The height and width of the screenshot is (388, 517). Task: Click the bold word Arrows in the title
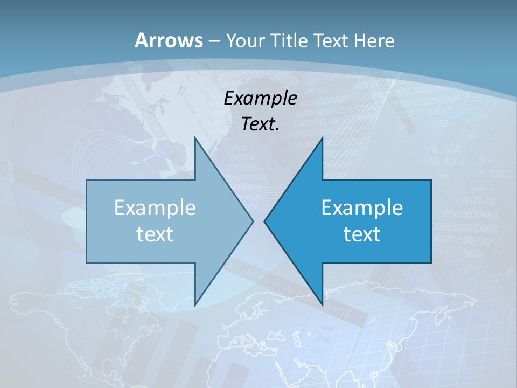[169, 40]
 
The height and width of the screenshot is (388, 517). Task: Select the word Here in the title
[374, 40]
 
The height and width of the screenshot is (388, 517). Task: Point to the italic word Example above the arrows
[260, 99]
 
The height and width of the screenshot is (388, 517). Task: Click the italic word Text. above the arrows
[260, 124]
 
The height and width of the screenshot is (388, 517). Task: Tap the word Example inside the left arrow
[155, 207]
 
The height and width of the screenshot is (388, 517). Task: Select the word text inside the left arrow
[155, 234]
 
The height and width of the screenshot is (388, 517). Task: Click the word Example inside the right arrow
[362, 207]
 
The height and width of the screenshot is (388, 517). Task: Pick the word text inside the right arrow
[362, 234]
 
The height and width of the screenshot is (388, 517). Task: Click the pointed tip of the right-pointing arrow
[254, 221]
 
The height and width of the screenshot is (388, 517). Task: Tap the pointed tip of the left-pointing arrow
[264, 221]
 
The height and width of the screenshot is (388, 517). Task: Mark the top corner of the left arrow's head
[195, 137]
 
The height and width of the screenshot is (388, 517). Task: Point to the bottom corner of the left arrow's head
[195, 305]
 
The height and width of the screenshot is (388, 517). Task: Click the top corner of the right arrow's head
[323, 137]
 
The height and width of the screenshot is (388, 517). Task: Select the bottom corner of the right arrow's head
[323, 305]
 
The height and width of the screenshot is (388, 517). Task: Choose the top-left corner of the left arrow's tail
[87, 180]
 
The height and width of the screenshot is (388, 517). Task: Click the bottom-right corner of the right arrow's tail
[431, 263]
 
